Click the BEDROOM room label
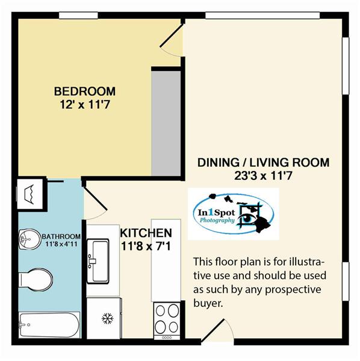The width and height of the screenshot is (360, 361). tap(85, 91)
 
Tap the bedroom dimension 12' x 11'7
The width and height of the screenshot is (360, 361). tap(84, 105)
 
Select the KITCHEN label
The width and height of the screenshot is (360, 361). tap(146, 233)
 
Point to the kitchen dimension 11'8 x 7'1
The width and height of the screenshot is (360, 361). tap(146, 246)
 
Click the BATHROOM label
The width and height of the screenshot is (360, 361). tap(61, 236)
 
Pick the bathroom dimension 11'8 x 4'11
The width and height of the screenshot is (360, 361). tap(61, 244)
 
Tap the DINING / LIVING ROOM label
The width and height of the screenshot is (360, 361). tap(264, 162)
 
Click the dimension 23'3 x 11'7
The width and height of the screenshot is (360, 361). tap(263, 176)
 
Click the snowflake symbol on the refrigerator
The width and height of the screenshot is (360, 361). tap(108, 319)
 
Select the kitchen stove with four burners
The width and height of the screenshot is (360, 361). tap(167, 321)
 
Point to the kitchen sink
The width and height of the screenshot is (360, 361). tap(98, 261)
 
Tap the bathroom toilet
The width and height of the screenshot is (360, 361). tap(36, 280)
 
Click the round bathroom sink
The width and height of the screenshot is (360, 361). tap(30, 239)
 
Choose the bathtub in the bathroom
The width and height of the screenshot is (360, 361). tap(49, 325)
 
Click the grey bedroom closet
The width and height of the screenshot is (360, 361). tap(166, 123)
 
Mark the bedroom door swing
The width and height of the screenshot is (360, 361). tap(172, 39)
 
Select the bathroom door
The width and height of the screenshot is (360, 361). tap(95, 203)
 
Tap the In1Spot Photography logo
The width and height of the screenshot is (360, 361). tap(234, 214)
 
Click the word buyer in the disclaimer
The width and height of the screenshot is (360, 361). tap(208, 304)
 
